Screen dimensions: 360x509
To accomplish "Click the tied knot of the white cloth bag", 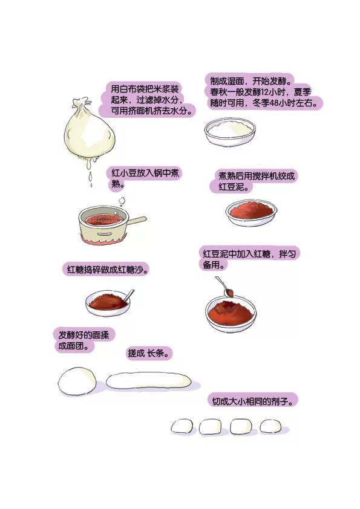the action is point(81,104).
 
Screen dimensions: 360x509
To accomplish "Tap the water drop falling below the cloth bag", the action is point(90,177).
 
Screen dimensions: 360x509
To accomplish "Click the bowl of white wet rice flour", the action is point(230,131).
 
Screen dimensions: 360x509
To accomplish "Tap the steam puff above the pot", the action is point(122,201).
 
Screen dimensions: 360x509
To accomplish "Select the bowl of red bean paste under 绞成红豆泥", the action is point(251,213).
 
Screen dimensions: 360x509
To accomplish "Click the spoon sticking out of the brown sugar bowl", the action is point(129,295).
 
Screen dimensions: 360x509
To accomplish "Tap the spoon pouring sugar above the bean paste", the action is point(225,287).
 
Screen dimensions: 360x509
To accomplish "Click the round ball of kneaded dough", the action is point(77,381).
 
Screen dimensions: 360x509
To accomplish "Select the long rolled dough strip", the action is point(148,381).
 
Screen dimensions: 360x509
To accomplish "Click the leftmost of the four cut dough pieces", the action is point(182,426).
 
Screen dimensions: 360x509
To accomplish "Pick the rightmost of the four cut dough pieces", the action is point(270,426).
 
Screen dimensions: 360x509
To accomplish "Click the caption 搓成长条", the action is point(149,353).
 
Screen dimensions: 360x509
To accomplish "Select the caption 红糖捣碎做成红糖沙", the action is point(106,270).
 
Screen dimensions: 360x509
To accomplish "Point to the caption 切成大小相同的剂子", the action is point(252,401).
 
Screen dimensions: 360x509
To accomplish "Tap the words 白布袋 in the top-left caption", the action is point(133,89).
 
